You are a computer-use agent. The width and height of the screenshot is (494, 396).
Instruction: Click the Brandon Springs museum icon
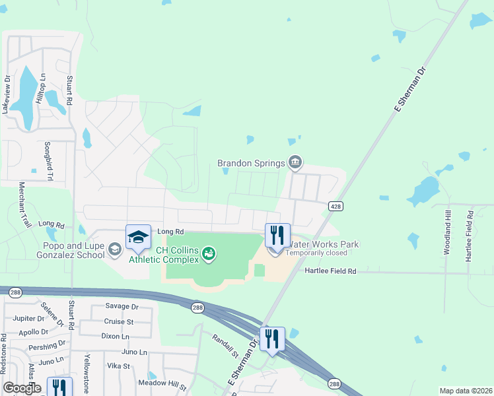point(295,162)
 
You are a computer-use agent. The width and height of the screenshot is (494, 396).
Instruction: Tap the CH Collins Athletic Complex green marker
point(209,253)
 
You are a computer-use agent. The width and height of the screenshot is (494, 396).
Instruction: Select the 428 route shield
point(335,207)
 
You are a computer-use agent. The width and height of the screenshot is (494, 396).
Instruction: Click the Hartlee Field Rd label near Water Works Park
point(330,271)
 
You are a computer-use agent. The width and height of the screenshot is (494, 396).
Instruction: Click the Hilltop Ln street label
point(41,87)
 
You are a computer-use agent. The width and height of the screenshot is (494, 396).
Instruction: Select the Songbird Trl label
point(48,161)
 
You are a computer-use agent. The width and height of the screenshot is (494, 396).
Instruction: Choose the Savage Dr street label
point(122,307)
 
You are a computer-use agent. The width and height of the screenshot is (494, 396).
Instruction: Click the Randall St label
point(225,346)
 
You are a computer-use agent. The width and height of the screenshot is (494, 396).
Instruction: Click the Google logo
point(22,388)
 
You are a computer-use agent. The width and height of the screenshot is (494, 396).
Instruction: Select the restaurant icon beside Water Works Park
point(277,235)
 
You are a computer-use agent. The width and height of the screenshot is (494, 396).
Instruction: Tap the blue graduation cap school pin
point(138,237)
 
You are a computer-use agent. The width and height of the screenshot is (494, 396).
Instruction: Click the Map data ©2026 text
point(465,391)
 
